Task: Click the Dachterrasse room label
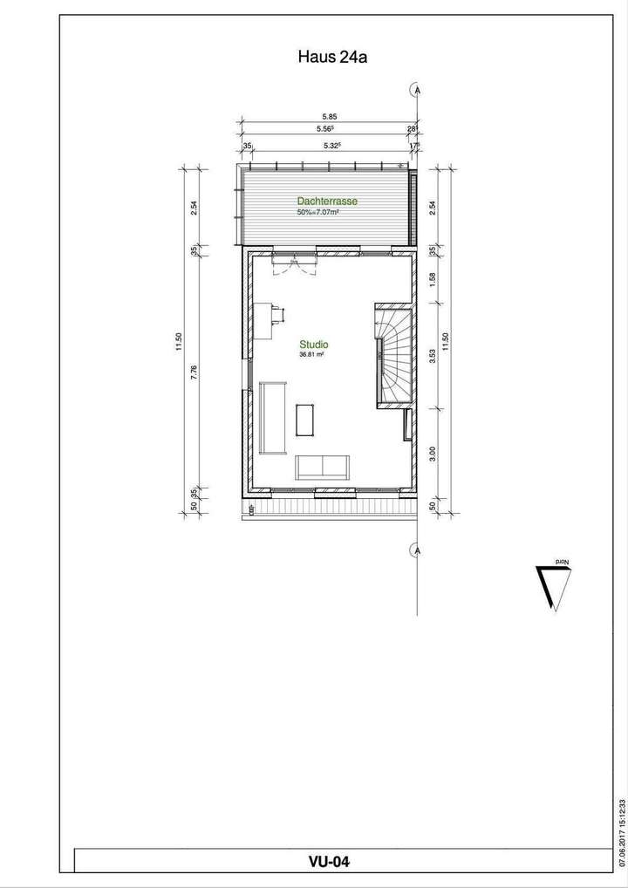pyautogui.click(x=327, y=201)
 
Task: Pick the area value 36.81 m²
pyautogui.click(x=311, y=355)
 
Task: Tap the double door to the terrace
pyautogui.click(x=293, y=264)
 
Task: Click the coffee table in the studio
pyautogui.click(x=306, y=419)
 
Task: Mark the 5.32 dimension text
pyautogui.click(x=331, y=146)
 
